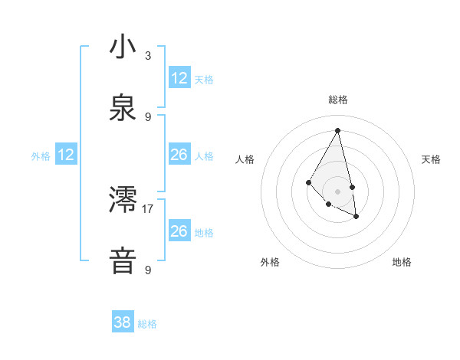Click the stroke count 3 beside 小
click(x=148, y=56)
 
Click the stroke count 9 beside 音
click(x=148, y=270)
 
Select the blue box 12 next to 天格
click(x=179, y=78)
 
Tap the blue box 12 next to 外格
click(x=66, y=155)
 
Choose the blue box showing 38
click(x=123, y=323)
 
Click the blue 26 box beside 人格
click(x=179, y=155)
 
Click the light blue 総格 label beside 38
click(x=147, y=324)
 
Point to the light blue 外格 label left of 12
click(x=41, y=156)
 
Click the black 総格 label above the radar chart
click(x=338, y=100)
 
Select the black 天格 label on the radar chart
click(x=432, y=159)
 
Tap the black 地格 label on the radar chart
click(x=402, y=262)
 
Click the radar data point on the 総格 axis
click(x=338, y=129)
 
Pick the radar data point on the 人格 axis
click(x=308, y=182)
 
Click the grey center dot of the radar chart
click(x=338, y=191)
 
